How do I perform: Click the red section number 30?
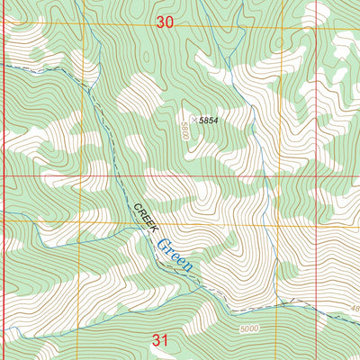[164, 23]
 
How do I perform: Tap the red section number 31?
[160, 340]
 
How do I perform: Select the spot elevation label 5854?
[209, 120]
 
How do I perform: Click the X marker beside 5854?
[193, 120]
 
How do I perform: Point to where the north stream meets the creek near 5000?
[288, 303]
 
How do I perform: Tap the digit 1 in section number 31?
[166, 340]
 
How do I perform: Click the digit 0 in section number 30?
[169, 23]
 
